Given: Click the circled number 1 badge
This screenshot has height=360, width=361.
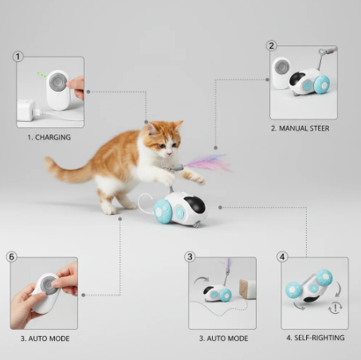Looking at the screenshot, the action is click(18, 57).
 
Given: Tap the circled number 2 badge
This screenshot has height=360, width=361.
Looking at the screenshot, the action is click(271, 45).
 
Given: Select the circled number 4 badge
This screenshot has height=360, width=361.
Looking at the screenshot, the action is click(282, 256).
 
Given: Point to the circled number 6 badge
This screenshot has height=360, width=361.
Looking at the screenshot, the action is click(11, 256).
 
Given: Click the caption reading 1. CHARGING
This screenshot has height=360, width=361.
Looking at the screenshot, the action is click(49, 137).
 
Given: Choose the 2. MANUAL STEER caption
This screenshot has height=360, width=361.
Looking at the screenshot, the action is click(300, 128).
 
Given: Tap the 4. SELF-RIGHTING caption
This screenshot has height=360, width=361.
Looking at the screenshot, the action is click(316, 338).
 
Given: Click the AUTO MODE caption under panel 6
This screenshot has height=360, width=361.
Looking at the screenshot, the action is click(45, 338).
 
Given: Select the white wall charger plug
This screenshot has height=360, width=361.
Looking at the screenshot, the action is click(26, 110).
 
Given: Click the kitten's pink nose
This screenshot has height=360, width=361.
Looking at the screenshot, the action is click(169, 154).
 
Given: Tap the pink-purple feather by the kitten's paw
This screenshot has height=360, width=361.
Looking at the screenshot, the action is click(207, 164).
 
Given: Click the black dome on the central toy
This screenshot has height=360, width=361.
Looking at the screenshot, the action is click(195, 204).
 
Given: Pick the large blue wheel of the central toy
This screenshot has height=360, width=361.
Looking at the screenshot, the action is click(163, 211).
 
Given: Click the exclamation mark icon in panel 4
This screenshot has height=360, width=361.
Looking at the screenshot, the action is click(335, 308).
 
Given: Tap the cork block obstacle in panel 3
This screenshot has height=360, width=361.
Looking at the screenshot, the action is click(247, 289).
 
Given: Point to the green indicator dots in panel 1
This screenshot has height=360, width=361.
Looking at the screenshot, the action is click(41, 75).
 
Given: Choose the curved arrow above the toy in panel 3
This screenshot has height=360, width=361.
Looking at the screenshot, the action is click(201, 279).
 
